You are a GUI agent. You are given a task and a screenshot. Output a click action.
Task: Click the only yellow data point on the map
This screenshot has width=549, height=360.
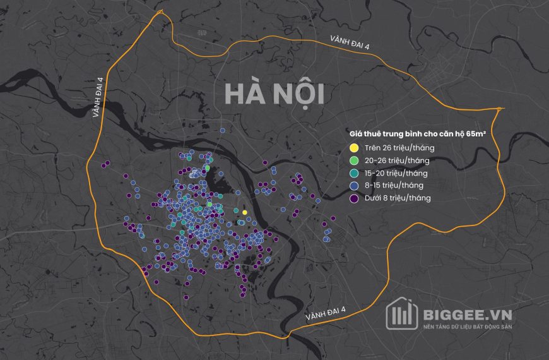tap(245, 213)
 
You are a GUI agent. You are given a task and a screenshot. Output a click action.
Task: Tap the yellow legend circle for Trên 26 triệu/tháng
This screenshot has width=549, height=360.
tap(354, 148)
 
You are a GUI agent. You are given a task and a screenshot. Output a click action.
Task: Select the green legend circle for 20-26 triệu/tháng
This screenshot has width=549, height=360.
tap(354, 160)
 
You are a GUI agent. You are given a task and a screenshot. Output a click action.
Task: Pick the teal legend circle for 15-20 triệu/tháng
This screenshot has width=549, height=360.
tap(354, 173)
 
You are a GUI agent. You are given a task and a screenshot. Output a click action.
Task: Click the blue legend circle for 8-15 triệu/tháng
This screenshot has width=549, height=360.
tap(354, 186)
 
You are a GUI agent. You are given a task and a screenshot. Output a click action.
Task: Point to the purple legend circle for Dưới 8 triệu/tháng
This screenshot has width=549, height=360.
tap(354, 198)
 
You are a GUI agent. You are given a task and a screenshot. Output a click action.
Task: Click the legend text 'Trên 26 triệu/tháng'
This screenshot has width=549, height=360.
tap(399, 148)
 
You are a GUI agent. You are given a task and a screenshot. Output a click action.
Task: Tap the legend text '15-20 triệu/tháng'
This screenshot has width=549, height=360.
tap(396, 173)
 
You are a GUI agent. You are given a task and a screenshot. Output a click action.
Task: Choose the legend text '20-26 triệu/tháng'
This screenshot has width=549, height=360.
tap(397, 160)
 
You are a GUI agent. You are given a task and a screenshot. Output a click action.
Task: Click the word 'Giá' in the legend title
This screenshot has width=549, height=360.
tap(357, 134)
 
